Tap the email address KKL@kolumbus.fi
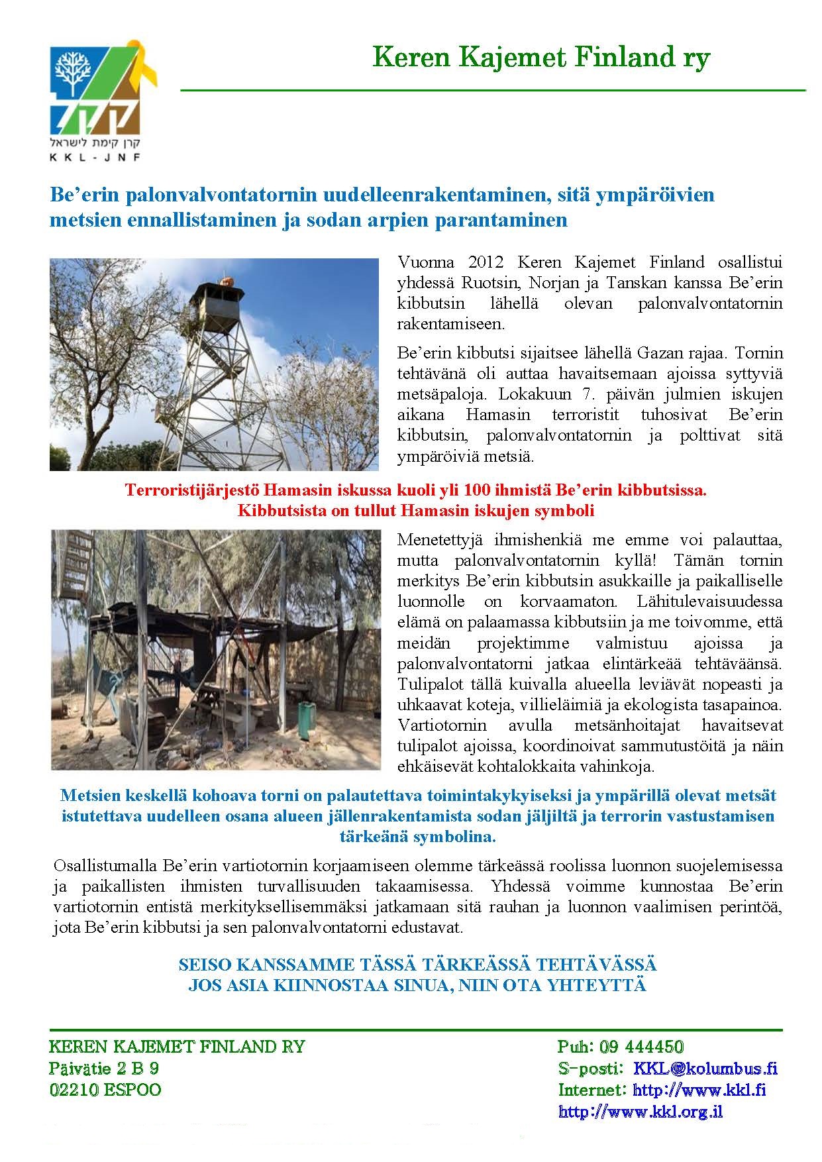[x=705, y=1068]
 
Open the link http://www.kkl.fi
[x=699, y=1089]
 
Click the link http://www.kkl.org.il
[x=641, y=1111]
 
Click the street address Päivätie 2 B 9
[x=104, y=1068]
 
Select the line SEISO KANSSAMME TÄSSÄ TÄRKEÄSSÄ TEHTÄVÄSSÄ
[x=417, y=964]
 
